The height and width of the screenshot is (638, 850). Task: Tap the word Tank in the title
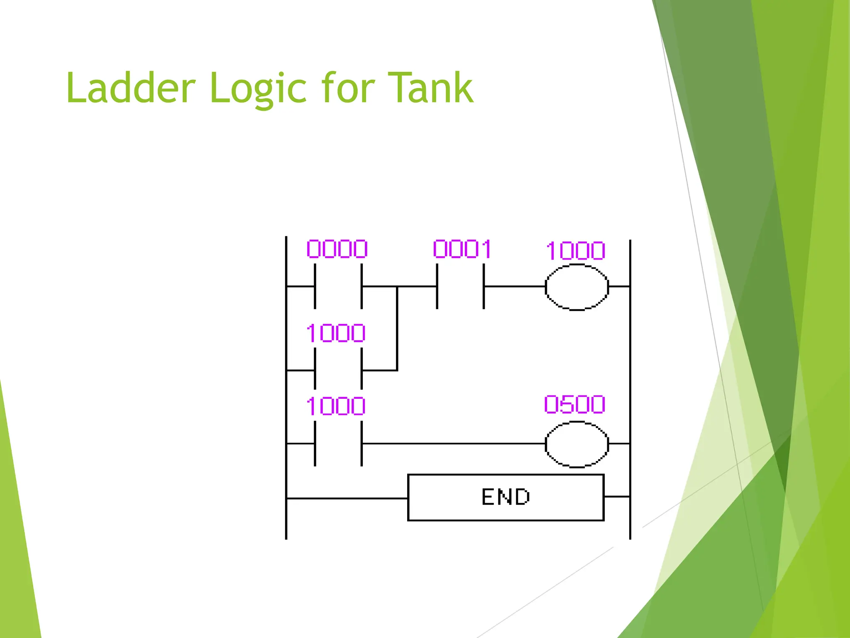coord(430,88)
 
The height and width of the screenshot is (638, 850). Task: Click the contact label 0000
coord(337,249)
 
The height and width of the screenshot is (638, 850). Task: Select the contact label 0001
coord(462,249)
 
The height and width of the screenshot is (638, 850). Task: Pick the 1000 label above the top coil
coord(576,251)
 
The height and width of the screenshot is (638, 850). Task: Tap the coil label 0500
coord(575,405)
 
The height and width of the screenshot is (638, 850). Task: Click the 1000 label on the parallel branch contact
coord(336,333)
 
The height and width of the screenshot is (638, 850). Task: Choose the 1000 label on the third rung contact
coord(336,406)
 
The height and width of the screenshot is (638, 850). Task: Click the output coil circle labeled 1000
coord(576,287)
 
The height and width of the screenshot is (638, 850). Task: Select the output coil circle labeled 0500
coord(576,444)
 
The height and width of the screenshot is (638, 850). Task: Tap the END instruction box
coord(506,497)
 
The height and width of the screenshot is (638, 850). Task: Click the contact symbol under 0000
coord(338,286)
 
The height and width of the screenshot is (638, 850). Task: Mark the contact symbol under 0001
coord(460,286)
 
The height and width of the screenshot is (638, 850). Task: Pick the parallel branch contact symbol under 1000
coord(338,370)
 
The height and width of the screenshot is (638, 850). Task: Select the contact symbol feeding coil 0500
coord(338,444)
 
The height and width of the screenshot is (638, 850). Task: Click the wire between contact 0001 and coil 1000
coord(515,286)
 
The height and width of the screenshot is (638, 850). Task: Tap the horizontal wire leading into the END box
coord(347,498)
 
